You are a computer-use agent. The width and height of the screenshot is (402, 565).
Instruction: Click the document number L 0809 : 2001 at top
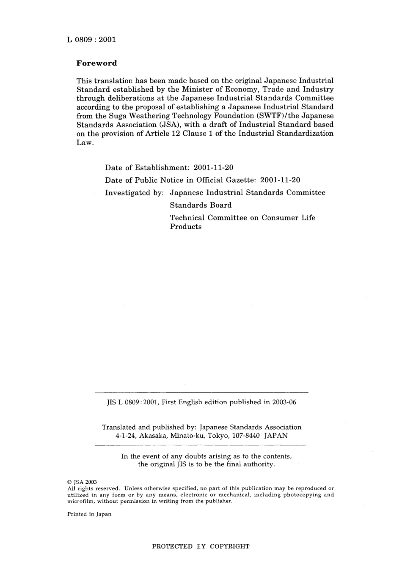point(91,40)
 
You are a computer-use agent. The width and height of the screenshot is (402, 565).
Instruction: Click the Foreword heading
point(96,63)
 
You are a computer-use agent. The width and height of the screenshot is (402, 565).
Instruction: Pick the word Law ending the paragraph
point(84,143)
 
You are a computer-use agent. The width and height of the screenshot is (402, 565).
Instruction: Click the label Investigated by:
point(135,193)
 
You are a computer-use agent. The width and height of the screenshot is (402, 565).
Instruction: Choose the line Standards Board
point(201,206)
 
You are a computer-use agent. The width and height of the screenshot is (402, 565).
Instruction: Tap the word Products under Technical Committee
point(186,227)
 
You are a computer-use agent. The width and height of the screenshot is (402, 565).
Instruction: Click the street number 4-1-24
point(126,435)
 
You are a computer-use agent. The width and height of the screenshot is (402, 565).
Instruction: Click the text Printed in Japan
point(89,514)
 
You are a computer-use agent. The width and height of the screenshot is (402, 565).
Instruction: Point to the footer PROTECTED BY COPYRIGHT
point(201,546)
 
